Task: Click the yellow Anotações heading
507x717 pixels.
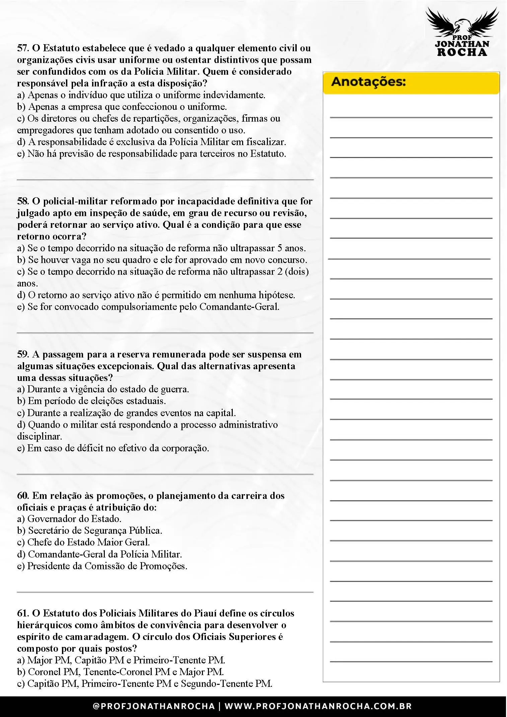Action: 368,82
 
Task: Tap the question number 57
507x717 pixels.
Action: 23,48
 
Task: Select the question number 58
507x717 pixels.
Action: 23,201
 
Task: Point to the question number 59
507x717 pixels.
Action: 23,354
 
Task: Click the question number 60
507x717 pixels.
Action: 23,496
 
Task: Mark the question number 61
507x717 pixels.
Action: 23,613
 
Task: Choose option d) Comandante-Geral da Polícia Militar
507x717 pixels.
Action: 99,554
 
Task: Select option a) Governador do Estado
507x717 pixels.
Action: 69,519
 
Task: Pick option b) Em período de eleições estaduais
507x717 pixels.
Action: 91,401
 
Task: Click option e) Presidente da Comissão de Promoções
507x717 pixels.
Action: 102,566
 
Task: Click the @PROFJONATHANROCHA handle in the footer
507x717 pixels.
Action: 154,706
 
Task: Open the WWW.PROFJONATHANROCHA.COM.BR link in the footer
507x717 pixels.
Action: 318,706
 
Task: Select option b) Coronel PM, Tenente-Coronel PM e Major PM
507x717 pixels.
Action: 121,672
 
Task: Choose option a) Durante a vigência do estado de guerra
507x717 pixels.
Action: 103,389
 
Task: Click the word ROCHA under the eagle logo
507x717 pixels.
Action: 462,52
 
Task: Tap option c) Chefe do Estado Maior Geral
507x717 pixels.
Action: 84,542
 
